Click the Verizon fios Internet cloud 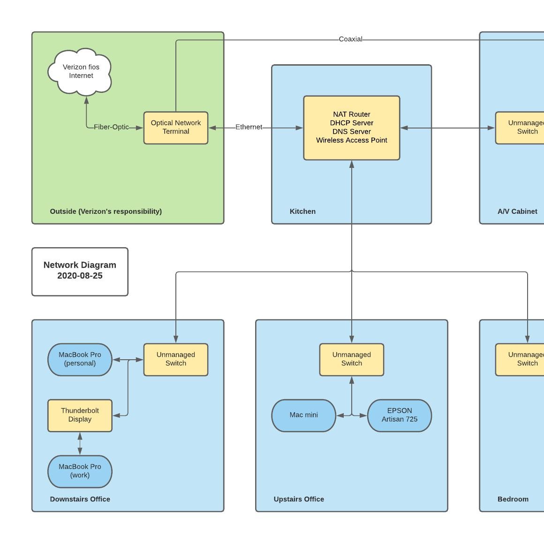[x=81, y=71]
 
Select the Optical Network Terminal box [x=175, y=128]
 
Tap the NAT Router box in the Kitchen [x=351, y=128]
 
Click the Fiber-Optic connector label [x=111, y=127]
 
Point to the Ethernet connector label [x=249, y=127]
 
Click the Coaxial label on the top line [x=350, y=39]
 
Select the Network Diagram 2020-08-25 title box [x=80, y=271]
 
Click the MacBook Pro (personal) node [x=80, y=359]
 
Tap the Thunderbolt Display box [x=80, y=415]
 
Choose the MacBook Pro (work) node [x=80, y=471]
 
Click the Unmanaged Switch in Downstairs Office [x=175, y=359]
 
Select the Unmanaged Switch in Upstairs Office [x=351, y=359]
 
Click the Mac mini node [x=303, y=415]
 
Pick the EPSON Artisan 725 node [x=399, y=415]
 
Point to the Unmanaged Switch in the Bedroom [x=521, y=359]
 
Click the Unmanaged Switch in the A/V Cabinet [x=521, y=128]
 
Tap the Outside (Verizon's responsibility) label [x=106, y=212]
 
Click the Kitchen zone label [x=302, y=212]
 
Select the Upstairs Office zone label [x=299, y=499]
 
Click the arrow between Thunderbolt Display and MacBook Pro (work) [x=80, y=443]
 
